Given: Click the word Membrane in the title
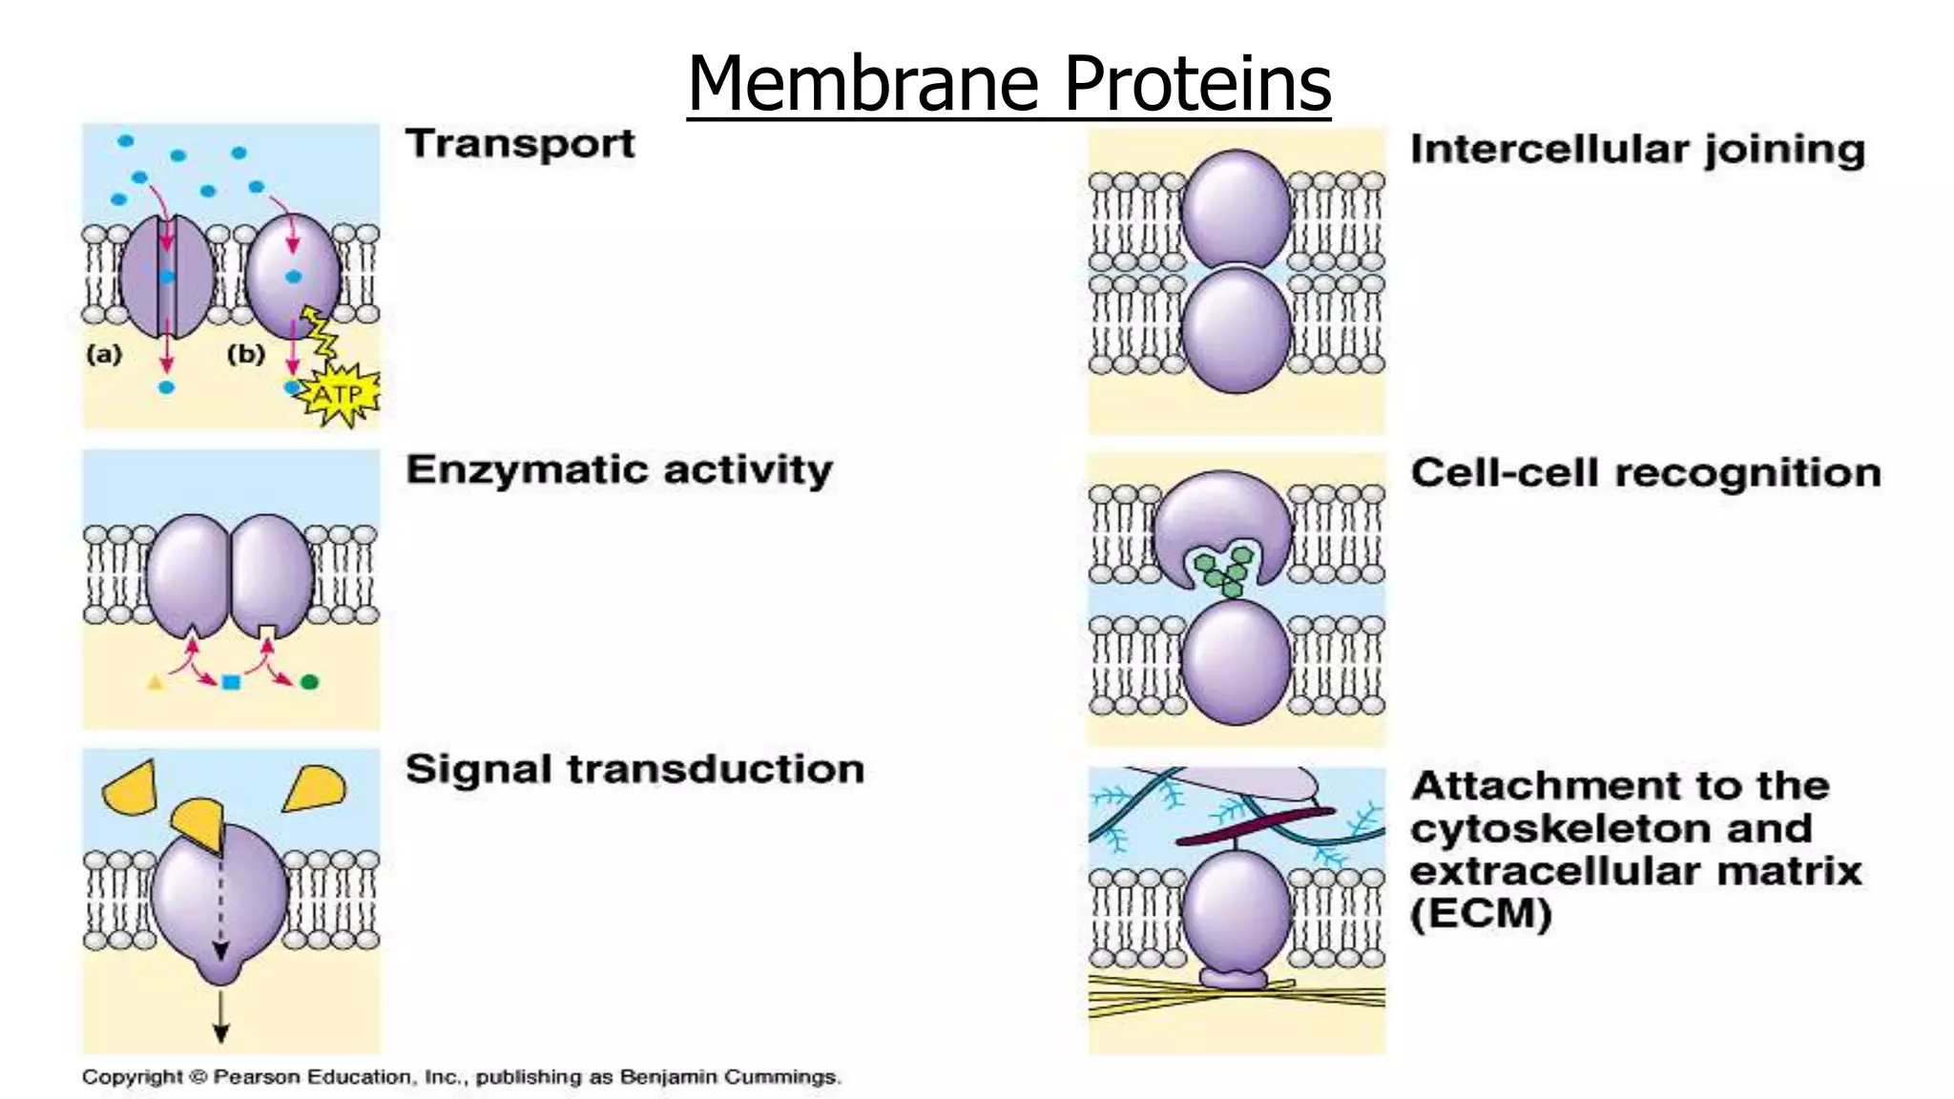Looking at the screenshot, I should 862,84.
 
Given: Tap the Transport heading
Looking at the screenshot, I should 520,144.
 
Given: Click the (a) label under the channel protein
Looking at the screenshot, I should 104,354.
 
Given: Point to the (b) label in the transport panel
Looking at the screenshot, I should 245,354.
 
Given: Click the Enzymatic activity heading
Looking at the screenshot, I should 619,470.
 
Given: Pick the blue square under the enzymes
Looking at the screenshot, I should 231,682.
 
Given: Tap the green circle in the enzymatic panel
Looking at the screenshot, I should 309,682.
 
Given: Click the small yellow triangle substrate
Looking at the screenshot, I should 156,682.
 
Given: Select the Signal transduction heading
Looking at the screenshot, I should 634,769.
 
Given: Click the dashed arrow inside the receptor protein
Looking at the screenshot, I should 220,902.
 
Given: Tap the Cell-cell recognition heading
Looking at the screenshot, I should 1646,473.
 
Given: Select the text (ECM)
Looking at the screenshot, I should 1481,914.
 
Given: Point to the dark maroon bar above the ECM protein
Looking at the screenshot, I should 1254,826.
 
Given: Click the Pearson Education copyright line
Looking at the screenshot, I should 461,1077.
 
